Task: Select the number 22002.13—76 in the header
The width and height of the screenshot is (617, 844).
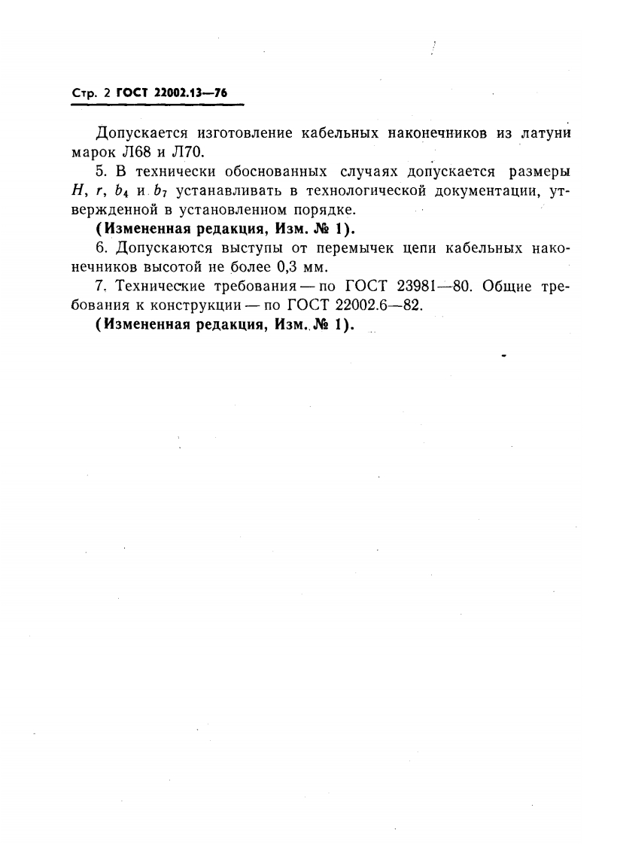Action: pyautogui.click(x=191, y=94)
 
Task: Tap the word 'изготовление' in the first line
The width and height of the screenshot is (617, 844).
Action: pyautogui.click(x=242, y=134)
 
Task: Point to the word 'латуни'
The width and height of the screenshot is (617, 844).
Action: pyautogui.click(x=543, y=134)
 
